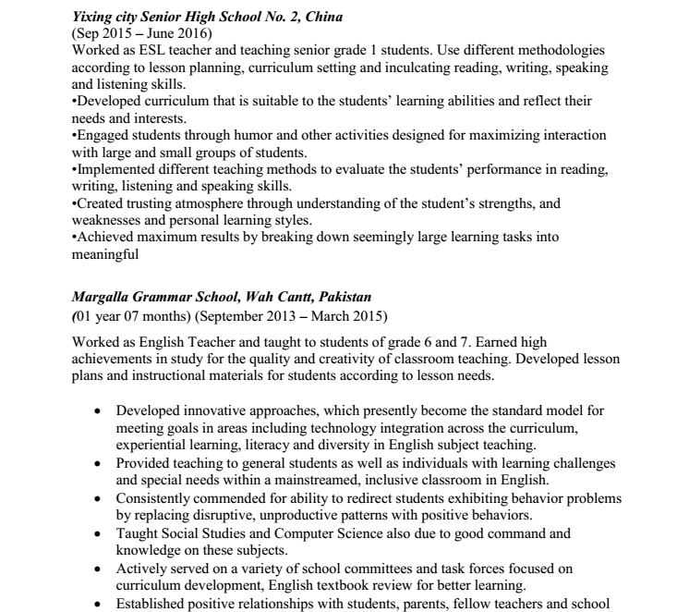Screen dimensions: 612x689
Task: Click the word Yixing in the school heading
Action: [x=92, y=16]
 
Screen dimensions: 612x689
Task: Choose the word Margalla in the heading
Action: [x=102, y=297]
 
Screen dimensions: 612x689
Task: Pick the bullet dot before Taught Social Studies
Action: [x=98, y=533]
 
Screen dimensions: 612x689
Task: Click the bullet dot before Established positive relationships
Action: [x=98, y=602]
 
